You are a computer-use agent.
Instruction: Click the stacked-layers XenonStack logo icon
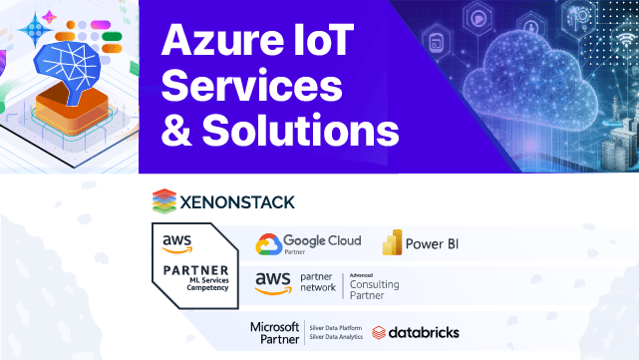pos(163,201)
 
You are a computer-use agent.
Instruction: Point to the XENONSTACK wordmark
pos(236,202)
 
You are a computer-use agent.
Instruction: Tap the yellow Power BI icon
pos(392,243)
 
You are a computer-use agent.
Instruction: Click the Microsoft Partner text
pos(274,332)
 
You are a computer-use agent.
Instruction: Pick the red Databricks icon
pos(379,332)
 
